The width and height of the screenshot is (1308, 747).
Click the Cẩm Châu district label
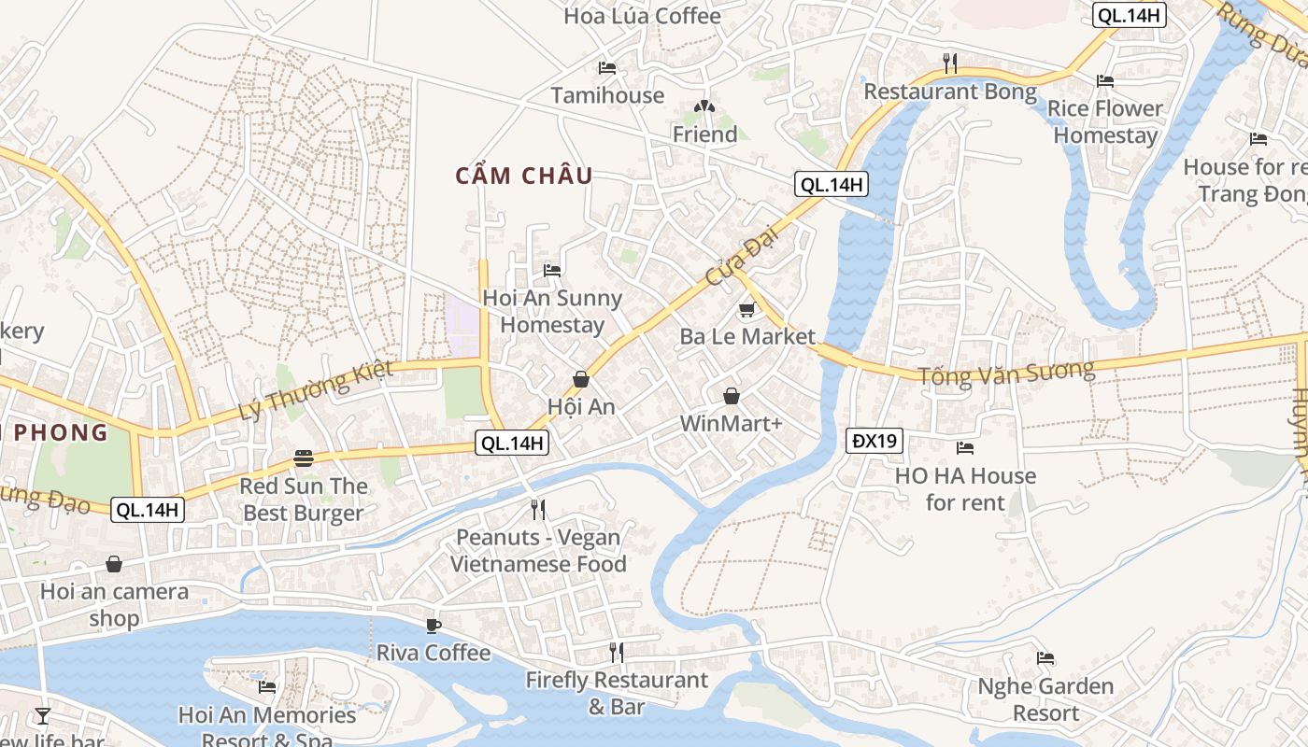click(x=524, y=176)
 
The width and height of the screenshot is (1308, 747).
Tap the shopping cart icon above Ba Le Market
click(x=746, y=309)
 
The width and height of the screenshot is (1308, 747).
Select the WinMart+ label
click(x=731, y=424)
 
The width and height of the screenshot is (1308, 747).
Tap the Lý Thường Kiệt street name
click(x=303, y=392)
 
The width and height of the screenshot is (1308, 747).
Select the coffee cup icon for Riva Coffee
click(x=433, y=625)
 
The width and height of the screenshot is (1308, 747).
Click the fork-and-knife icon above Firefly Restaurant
click(x=616, y=652)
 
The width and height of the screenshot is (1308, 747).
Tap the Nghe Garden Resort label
click(x=1045, y=699)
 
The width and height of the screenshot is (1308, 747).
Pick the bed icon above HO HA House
click(x=965, y=448)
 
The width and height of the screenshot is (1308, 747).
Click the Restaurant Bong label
click(x=950, y=92)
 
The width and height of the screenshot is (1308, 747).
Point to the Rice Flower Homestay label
click(x=1105, y=121)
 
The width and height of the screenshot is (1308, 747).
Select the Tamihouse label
click(x=607, y=95)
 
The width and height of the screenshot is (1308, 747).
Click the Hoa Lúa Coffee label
click(x=642, y=16)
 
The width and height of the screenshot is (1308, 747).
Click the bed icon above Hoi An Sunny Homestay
click(x=552, y=271)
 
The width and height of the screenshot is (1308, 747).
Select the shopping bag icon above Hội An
click(x=581, y=379)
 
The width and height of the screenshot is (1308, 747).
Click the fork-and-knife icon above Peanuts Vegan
click(x=538, y=509)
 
